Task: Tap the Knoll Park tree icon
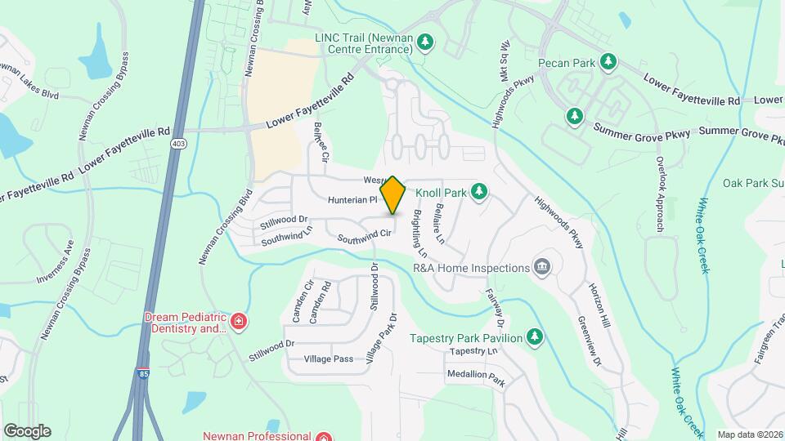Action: pos(479,193)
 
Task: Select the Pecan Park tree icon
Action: pos(608,62)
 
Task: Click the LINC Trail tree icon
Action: pos(425,42)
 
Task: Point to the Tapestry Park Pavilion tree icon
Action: pos(535,337)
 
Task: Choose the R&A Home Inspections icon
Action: pos(541,267)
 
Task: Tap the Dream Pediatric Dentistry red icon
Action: pos(239,322)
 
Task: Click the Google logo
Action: pos(27,430)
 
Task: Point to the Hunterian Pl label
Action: pos(352,199)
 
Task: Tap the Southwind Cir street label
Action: pos(366,238)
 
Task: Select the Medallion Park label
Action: pos(476,377)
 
